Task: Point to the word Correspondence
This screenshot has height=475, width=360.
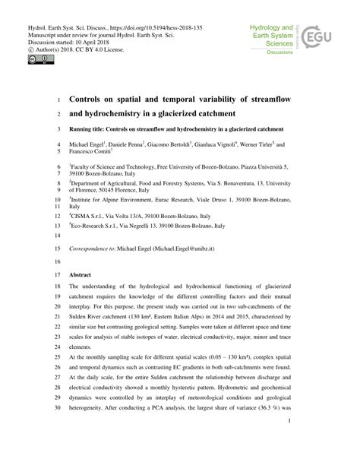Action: coord(93,248)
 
